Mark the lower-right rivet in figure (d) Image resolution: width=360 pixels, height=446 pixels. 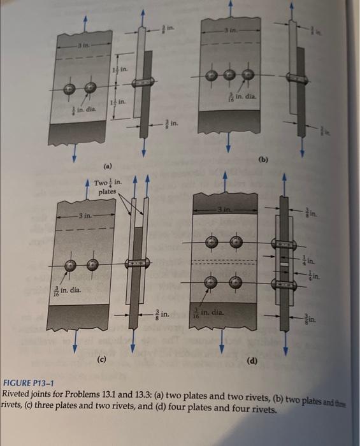coord(235,282)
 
